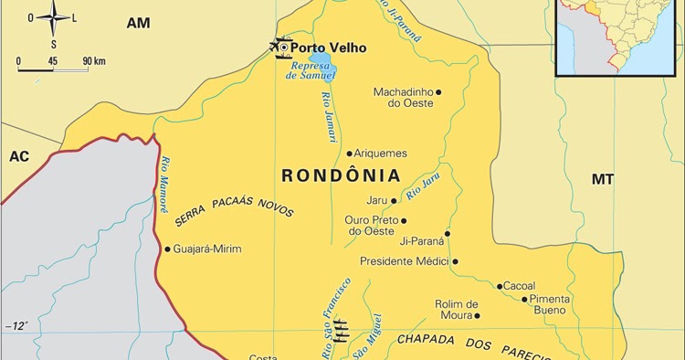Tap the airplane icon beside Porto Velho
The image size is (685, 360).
coord(278,46)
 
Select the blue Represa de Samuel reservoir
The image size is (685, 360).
coord(321,63)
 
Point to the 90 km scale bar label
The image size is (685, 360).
coord(93,61)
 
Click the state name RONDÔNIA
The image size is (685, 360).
coord(340,175)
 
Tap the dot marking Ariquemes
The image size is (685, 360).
coord(349,154)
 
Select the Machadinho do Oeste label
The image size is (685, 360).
coord(403,97)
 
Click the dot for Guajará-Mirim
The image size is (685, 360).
coord(167,249)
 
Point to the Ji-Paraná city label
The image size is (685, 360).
coord(422,242)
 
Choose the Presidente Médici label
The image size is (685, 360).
coord(404,261)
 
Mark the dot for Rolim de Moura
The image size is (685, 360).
coord(477,316)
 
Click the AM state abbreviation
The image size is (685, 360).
coord(138,22)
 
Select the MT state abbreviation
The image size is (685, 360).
coord(602,179)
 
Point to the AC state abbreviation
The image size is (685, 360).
coord(19,156)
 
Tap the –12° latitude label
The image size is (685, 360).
coord(16,326)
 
